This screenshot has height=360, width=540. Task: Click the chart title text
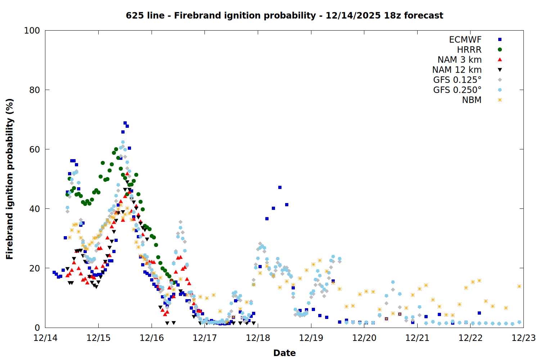[284, 15]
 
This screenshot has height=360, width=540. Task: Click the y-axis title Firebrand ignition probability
[10, 179]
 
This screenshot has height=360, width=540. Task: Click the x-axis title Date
[284, 353]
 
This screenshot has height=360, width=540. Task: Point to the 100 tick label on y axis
[32, 31]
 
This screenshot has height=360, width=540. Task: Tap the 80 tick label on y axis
[34, 90]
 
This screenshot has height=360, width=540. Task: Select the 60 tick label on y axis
[34, 149]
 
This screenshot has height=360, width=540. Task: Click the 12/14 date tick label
[45, 338]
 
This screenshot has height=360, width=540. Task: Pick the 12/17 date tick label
[204, 338]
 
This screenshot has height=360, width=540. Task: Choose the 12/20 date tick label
[364, 338]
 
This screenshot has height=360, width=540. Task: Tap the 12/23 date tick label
[523, 338]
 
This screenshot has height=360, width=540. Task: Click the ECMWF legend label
[465, 40]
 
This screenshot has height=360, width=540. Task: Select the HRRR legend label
[469, 50]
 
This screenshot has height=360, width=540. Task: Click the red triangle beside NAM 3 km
[500, 59]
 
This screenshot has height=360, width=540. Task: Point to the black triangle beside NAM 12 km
[500, 70]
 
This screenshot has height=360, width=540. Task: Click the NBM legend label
[472, 100]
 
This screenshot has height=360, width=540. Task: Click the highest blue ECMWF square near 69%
[125, 123]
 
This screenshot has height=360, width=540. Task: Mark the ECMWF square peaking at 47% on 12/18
[280, 188]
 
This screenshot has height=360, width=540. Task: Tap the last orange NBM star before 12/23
[519, 287]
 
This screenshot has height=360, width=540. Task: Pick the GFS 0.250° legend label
[457, 90]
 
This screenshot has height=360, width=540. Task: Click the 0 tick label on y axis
[37, 328]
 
